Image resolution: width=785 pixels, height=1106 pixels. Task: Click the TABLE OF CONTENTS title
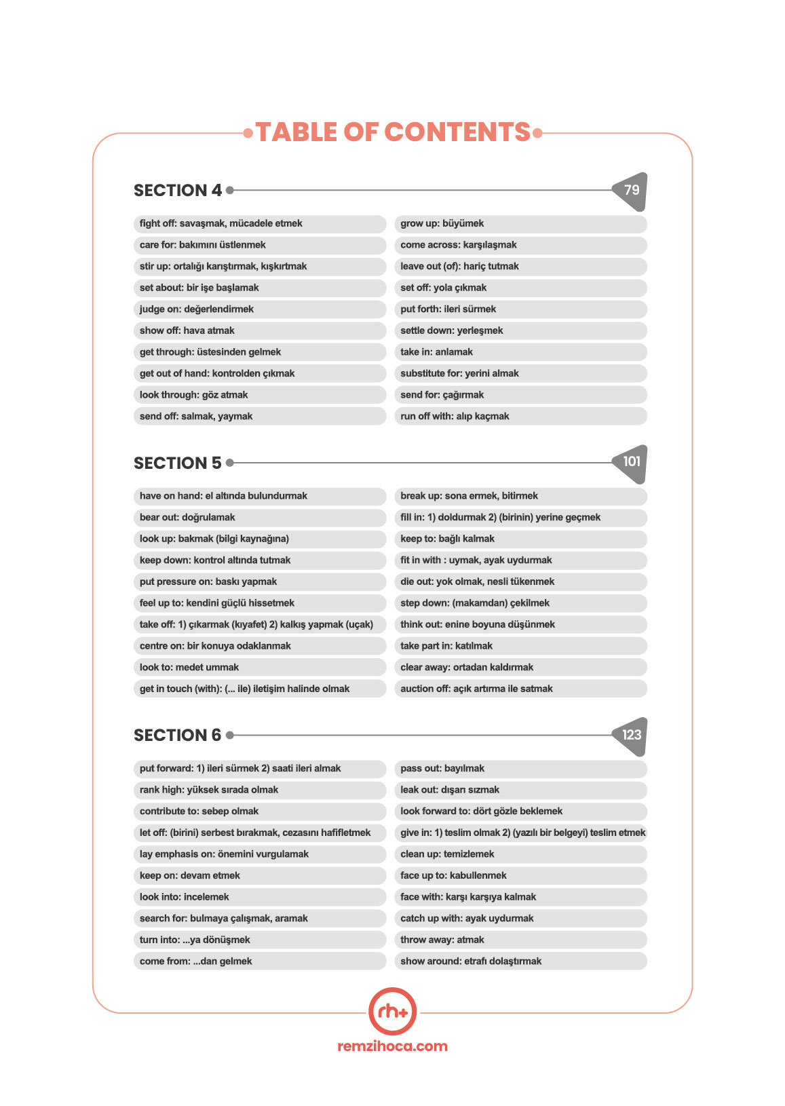(393, 132)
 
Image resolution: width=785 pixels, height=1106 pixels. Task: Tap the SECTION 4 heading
(178, 191)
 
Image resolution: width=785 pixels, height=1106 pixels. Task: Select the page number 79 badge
(631, 191)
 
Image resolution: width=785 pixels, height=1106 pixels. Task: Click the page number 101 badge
(631, 463)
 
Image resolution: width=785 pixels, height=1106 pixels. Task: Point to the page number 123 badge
(631, 736)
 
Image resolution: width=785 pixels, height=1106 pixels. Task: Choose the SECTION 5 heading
(178, 463)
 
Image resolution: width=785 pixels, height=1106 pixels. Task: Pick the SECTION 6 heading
(178, 736)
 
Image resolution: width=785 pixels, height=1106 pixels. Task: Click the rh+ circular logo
(392, 1012)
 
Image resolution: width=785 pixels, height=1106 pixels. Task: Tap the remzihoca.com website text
(392, 1046)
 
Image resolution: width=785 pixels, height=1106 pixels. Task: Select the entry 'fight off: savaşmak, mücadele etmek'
(221, 224)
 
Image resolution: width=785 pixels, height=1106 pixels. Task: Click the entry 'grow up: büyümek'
(442, 224)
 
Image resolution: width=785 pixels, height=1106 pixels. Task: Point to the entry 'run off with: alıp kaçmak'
(455, 417)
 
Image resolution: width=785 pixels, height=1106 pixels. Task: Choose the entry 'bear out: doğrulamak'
(187, 518)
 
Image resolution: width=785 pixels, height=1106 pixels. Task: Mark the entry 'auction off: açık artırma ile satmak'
(476, 689)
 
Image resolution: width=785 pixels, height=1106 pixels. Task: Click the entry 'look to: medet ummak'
(189, 668)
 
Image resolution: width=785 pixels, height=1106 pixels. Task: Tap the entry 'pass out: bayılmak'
(442, 769)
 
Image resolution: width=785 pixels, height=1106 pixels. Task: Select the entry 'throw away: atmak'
(442, 940)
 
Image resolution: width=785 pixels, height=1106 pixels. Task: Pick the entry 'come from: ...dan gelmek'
(195, 961)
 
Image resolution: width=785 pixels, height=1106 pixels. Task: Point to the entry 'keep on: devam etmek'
(190, 876)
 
